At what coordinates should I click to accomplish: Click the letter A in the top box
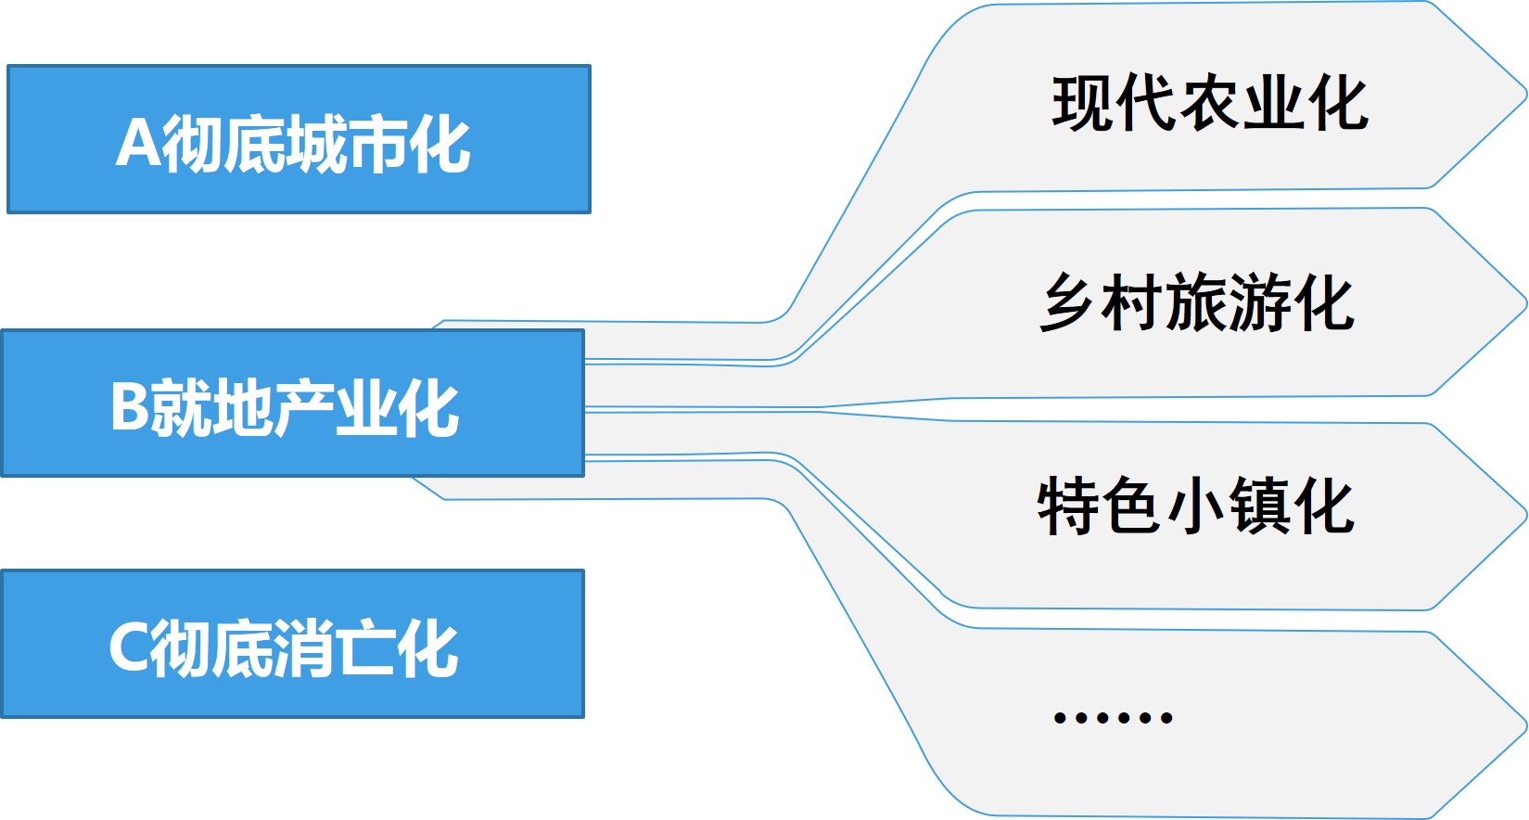click(x=137, y=143)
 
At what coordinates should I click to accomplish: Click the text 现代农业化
click(x=1209, y=103)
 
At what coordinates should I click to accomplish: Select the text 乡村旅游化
click(x=1197, y=303)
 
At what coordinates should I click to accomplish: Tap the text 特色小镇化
click(x=1195, y=506)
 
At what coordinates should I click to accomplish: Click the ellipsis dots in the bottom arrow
click(x=1114, y=717)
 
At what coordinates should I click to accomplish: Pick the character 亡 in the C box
click(x=364, y=648)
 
